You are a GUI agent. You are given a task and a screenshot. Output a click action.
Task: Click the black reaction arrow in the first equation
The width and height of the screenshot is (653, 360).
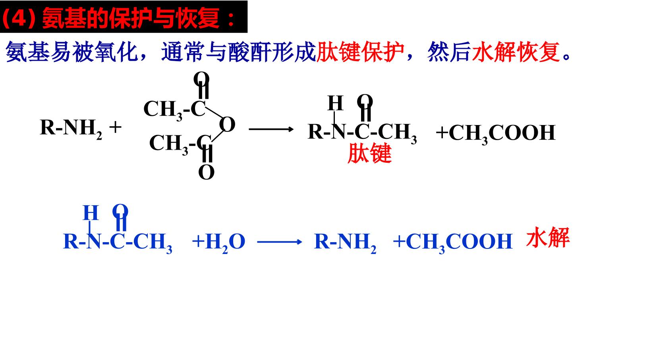(271, 129)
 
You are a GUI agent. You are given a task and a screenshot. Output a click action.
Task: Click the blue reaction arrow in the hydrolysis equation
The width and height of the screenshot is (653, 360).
(280, 241)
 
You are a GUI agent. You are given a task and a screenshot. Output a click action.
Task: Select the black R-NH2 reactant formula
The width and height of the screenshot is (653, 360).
(71, 129)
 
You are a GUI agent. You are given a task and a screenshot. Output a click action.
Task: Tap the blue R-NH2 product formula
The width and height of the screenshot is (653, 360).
(345, 243)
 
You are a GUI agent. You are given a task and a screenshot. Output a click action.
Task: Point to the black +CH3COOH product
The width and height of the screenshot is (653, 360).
(496, 133)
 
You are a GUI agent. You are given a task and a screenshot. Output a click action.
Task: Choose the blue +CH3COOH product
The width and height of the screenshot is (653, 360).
(453, 243)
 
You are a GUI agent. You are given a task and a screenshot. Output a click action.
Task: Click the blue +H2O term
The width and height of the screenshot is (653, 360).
(218, 243)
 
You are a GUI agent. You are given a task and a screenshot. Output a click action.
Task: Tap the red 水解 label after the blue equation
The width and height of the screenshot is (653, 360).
(548, 237)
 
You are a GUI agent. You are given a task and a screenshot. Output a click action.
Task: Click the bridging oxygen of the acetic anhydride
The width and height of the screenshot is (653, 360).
(227, 124)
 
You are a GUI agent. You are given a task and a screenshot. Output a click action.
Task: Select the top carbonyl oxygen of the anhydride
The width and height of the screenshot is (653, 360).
(201, 79)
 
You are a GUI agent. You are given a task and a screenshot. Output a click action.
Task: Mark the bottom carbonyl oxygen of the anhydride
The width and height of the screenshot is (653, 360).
(207, 172)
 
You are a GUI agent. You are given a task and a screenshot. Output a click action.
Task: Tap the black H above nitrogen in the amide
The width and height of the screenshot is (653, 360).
(336, 103)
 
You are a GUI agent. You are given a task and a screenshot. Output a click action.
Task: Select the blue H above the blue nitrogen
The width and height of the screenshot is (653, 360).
(91, 213)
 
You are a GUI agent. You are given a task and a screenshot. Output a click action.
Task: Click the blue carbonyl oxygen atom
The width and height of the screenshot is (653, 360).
(120, 211)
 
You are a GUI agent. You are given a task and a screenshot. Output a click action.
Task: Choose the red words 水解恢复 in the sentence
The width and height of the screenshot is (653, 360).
(516, 52)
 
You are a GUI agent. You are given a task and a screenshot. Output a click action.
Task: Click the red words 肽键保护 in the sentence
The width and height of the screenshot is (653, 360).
(360, 52)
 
